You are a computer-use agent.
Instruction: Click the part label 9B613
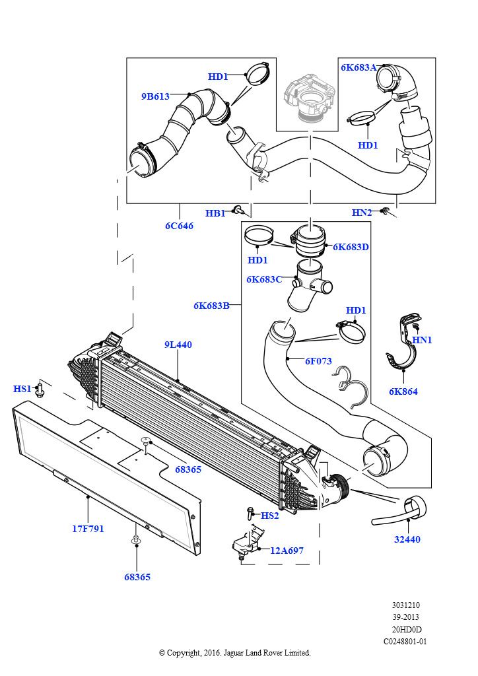click(x=156, y=96)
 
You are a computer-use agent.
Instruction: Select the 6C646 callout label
click(x=180, y=226)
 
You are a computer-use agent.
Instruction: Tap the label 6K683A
click(x=358, y=67)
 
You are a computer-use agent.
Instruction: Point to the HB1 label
click(x=215, y=213)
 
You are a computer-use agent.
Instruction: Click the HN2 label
click(x=362, y=213)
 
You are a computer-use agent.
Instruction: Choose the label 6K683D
click(x=351, y=247)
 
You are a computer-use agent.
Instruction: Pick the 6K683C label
click(x=264, y=279)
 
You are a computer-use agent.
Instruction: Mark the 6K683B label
click(x=211, y=306)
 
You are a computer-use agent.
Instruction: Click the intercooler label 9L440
click(x=178, y=345)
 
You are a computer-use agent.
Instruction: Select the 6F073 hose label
click(x=318, y=361)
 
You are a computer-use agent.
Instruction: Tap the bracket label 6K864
click(x=403, y=391)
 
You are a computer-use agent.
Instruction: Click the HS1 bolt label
click(x=22, y=389)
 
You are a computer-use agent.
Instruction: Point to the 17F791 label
click(x=88, y=529)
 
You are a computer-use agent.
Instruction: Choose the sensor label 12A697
click(x=287, y=551)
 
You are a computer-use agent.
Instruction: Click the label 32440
click(x=407, y=539)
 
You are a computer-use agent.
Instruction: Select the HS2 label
click(x=270, y=516)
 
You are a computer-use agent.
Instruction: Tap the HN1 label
click(x=422, y=340)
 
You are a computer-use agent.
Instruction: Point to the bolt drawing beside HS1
click(x=40, y=389)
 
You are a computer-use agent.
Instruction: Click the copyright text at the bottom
click(x=235, y=653)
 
